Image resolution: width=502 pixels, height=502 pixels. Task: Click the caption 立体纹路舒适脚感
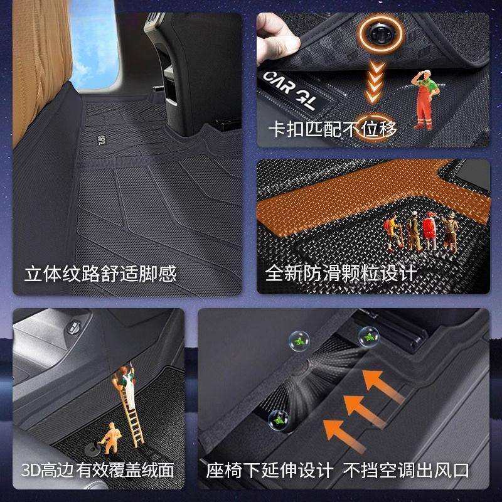100,274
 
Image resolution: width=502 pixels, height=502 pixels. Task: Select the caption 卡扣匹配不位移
333,129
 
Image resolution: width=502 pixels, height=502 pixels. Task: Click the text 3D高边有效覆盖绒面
97,470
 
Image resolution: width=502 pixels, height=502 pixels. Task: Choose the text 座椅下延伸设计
270,470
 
